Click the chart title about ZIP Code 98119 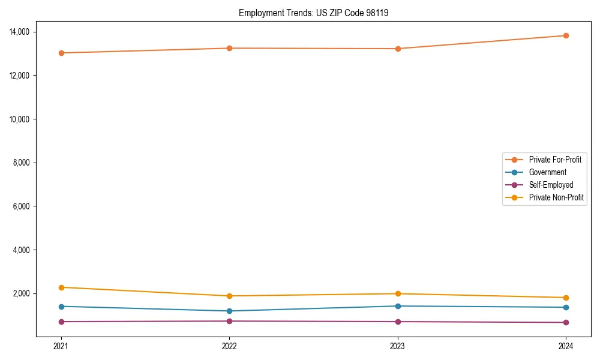pyautogui.click(x=313, y=13)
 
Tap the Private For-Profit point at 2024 pyautogui.click(x=566, y=35)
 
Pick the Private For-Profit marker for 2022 pyautogui.click(x=229, y=48)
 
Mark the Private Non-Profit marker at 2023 pyautogui.click(x=397, y=293)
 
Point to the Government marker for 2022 pyautogui.click(x=229, y=311)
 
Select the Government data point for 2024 pyautogui.click(x=566, y=307)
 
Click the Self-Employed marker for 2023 pyautogui.click(x=397, y=322)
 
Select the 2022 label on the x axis pyautogui.click(x=229, y=346)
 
